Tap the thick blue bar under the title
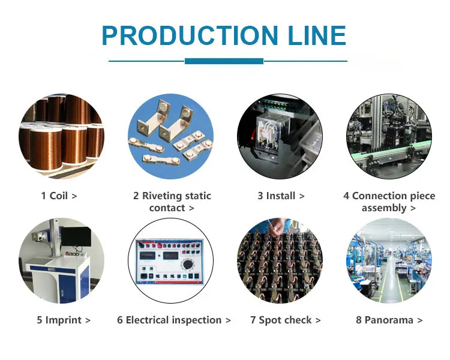pos(224,61)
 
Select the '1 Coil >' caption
pos(59,196)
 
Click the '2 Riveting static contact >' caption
pos(172,202)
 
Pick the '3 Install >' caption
pos(281,196)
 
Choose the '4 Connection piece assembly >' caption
pos(389,202)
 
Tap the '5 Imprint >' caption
pos(63,320)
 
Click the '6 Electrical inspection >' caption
pos(174,320)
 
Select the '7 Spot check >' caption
pos(285,320)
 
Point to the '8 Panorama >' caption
pos(389,320)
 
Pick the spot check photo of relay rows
pos(280,261)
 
